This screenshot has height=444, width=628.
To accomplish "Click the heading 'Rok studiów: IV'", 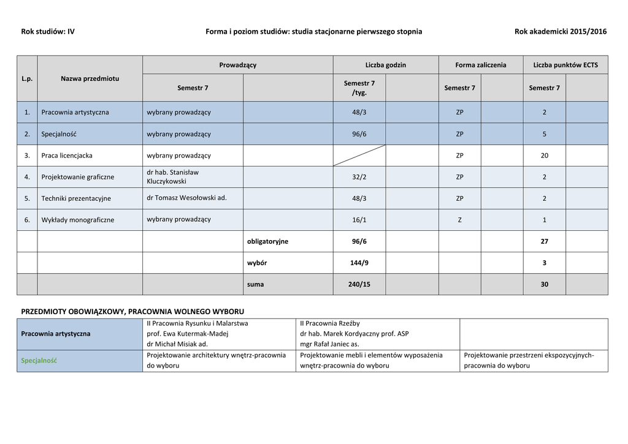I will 48,31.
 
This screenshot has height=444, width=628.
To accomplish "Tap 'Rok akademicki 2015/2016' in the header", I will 561,31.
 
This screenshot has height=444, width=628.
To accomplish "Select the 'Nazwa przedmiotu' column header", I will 90,78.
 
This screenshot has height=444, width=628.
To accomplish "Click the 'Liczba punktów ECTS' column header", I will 565,65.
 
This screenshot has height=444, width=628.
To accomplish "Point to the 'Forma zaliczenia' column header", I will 481,65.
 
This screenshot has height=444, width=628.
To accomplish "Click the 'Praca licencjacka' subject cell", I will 67,156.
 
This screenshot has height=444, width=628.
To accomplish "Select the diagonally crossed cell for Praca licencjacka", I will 359,156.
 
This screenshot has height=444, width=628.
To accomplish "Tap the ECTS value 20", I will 545,156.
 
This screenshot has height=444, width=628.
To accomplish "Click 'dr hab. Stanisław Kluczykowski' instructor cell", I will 173,177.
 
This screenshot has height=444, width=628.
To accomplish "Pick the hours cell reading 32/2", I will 359,177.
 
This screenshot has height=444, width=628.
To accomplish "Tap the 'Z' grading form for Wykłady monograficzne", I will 460,220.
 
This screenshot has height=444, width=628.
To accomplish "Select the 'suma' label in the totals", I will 256,284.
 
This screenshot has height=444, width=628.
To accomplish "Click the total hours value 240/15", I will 359,284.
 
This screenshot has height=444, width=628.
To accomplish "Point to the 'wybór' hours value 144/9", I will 359,263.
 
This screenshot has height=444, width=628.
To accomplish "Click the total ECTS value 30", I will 545,284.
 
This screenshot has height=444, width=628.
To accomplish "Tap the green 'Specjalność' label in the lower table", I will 39,361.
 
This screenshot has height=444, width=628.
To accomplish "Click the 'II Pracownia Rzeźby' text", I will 330,323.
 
